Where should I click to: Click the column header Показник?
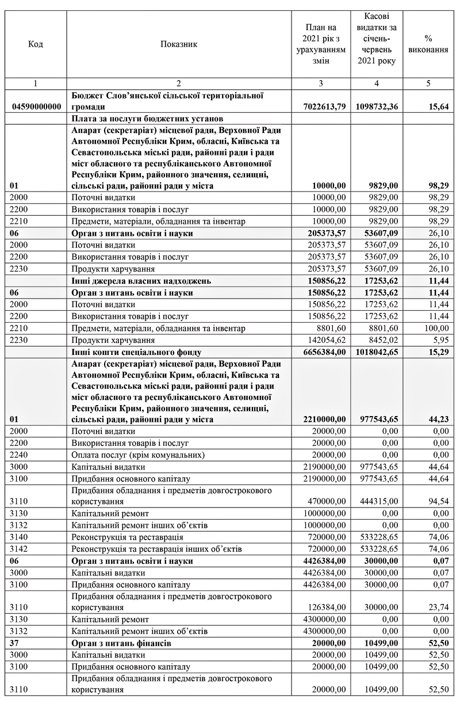(x=179, y=44)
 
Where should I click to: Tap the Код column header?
(x=36, y=44)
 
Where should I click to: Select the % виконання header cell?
(x=428, y=44)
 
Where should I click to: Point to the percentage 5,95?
(x=440, y=339)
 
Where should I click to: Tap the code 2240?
(x=20, y=455)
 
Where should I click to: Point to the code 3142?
(x=20, y=549)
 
